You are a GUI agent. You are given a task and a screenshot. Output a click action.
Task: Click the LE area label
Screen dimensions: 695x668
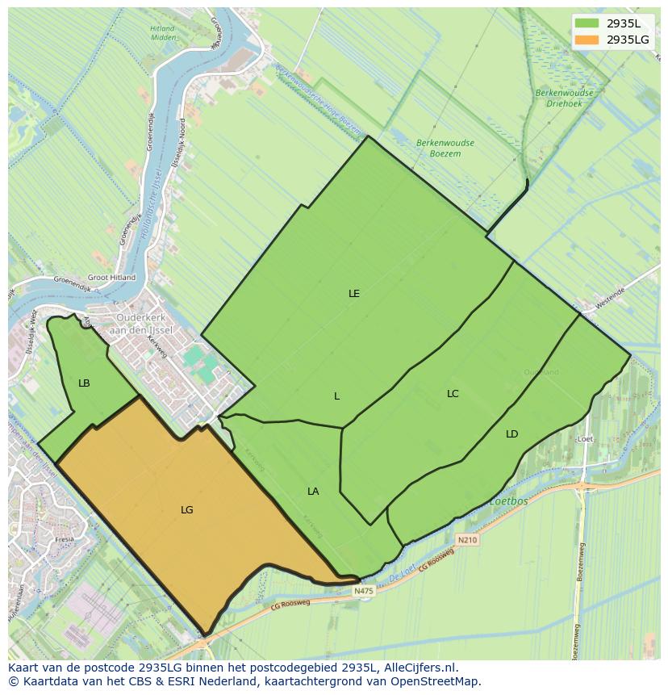[x=353, y=294]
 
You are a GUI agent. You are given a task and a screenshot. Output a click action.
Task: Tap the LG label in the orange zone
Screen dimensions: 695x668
[x=187, y=510]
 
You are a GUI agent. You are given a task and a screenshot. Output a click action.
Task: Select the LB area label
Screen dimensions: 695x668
[x=84, y=383]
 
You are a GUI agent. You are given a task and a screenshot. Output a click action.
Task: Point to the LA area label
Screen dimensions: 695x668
[x=313, y=492]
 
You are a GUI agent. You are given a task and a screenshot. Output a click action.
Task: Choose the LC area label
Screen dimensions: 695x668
[x=453, y=394]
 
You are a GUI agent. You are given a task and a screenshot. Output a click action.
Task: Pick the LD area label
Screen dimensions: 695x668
[x=511, y=434]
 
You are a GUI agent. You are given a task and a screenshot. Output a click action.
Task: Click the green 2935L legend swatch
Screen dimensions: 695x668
[x=587, y=23]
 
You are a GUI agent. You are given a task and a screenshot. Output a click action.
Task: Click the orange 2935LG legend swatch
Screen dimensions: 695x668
[x=587, y=40]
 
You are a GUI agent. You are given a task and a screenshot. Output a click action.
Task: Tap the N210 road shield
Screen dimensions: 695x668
[x=466, y=539]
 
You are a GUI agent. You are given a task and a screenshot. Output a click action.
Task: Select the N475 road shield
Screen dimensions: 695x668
[x=364, y=591]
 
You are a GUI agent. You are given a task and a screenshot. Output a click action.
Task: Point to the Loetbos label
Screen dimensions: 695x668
[x=508, y=501]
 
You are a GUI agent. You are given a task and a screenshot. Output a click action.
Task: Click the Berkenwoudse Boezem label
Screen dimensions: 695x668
[x=445, y=148]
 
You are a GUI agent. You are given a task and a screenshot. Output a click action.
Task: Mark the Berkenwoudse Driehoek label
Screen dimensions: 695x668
[x=564, y=98]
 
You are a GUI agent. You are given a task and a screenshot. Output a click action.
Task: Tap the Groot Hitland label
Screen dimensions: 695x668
[x=111, y=278]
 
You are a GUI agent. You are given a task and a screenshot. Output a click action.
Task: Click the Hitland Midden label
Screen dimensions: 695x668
[x=162, y=33]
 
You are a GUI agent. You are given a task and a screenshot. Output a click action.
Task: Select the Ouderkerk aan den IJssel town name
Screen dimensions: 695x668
[x=141, y=324]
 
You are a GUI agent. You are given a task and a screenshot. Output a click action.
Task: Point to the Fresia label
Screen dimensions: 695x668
[x=65, y=539]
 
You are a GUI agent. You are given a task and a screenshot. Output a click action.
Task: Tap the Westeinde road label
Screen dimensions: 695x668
[x=609, y=296]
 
